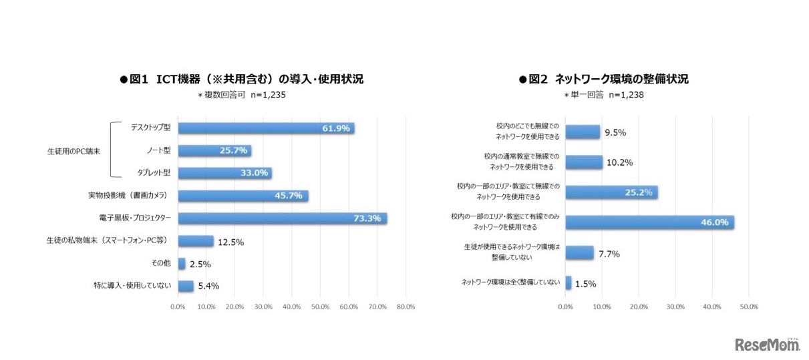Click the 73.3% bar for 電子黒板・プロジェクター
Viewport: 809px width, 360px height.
282,218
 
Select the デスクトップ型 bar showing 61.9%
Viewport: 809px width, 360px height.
266,128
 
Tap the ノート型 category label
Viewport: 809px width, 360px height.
159,150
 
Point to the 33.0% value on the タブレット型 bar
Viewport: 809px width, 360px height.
254,173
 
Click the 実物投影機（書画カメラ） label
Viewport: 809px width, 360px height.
127,196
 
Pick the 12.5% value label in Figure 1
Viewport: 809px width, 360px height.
229,242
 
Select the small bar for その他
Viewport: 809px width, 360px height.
182,264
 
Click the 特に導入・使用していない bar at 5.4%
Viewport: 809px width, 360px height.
186,287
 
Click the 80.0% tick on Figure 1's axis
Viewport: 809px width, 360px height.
406,307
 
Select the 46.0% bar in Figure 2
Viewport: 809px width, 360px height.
649,222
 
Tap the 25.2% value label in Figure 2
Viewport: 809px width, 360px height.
643,193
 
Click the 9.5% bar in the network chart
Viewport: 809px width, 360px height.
583,132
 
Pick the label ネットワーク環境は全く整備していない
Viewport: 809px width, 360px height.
510,283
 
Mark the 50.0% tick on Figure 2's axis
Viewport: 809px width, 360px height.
748,307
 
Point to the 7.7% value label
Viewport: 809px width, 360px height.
610,253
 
